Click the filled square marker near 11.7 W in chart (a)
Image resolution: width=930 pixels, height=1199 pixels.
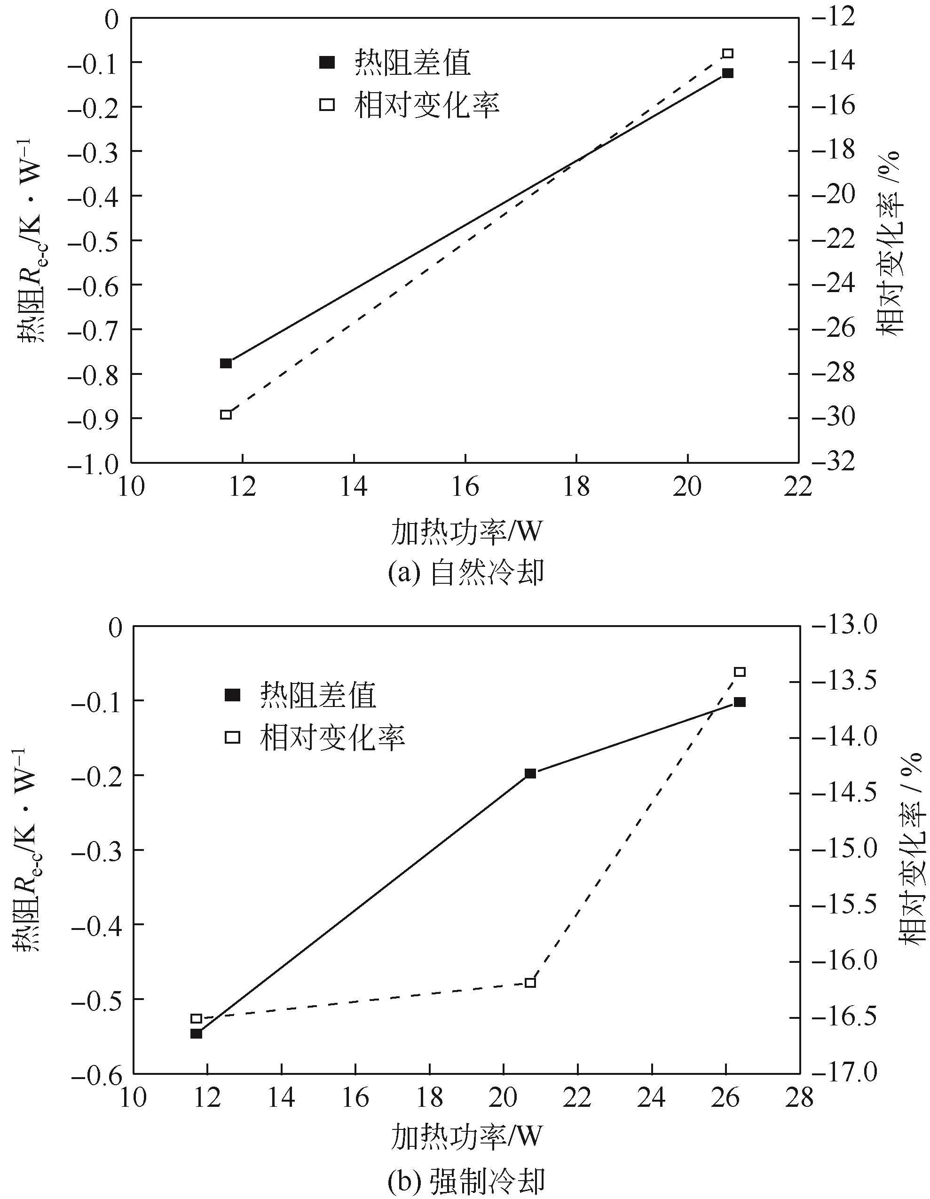click(x=226, y=363)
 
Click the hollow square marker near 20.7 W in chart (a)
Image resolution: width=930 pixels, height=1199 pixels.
click(x=727, y=53)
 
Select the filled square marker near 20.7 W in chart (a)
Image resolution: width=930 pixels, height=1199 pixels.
click(x=727, y=73)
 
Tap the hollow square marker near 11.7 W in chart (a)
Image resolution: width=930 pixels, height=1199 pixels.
click(x=226, y=414)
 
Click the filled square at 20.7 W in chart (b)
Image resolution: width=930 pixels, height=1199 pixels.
click(x=530, y=773)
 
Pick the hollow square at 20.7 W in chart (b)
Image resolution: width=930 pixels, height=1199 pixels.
click(x=530, y=982)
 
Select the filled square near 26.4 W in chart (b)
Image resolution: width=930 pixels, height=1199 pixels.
click(x=739, y=702)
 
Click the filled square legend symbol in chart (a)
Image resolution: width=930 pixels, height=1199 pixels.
click(x=327, y=63)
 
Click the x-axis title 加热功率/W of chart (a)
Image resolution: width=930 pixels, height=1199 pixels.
click(x=466, y=532)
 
